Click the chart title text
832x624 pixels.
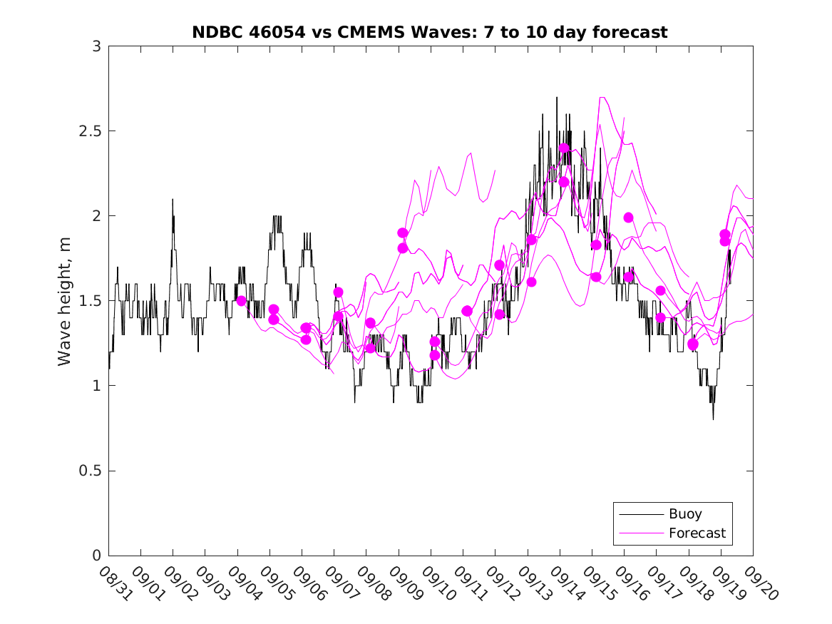[430, 32]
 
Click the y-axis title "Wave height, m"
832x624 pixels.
[65, 301]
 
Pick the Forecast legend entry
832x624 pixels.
[697, 533]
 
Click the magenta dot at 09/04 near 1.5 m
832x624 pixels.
[241, 301]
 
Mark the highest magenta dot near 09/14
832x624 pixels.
[564, 148]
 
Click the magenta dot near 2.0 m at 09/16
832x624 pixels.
[628, 218]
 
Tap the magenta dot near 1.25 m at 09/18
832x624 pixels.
[693, 344]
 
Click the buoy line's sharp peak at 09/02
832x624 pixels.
[173, 200]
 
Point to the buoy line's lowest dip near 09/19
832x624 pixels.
[713, 419]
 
